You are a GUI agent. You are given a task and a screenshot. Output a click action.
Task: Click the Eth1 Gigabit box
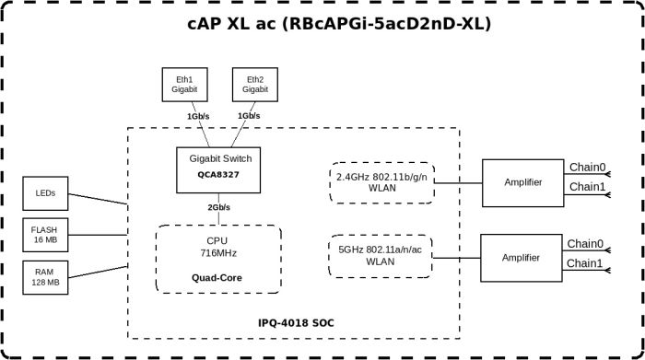(184, 85)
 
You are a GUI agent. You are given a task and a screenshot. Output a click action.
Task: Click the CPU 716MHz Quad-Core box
(217, 259)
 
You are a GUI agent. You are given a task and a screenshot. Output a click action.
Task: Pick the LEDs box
(44, 194)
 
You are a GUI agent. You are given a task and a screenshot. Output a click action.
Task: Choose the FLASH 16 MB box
(44, 234)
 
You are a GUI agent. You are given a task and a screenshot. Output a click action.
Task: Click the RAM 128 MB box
(44, 276)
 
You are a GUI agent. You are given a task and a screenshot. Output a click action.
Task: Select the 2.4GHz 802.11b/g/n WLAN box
(381, 182)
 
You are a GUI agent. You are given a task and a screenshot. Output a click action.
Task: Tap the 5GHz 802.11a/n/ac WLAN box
(381, 254)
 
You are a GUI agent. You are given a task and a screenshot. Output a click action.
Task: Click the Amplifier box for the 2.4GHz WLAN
(522, 182)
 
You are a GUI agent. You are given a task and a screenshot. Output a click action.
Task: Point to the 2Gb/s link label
(218, 208)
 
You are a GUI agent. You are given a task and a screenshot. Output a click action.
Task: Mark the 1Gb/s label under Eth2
(249, 117)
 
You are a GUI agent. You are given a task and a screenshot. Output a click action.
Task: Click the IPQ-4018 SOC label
(297, 323)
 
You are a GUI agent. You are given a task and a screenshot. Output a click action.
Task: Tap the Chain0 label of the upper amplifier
(587, 168)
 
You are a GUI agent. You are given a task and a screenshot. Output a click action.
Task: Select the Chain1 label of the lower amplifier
(584, 263)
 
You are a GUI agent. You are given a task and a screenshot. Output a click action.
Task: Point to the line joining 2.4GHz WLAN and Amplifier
(458, 182)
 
